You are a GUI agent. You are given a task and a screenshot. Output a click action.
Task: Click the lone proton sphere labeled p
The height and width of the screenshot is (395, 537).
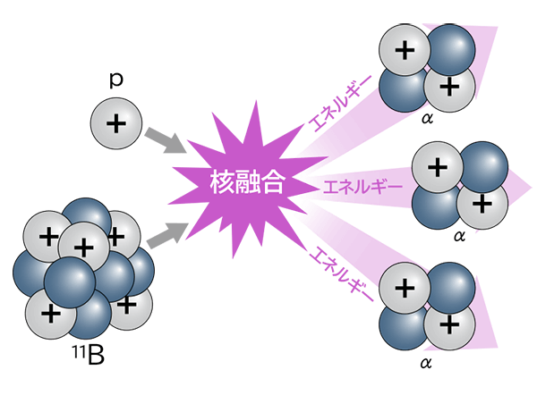pyautogui.click(x=116, y=123)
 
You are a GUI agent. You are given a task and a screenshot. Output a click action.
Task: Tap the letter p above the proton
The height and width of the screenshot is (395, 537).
pyautogui.click(x=116, y=80)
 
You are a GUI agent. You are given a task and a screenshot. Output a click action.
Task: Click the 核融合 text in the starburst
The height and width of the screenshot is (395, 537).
pyautogui.click(x=247, y=182)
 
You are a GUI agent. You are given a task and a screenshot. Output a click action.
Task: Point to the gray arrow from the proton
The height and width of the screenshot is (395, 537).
pyautogui.click(x=166, y=141)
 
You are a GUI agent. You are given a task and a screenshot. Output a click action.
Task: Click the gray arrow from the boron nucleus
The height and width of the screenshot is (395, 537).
pyautogui.click(x=167, y=235)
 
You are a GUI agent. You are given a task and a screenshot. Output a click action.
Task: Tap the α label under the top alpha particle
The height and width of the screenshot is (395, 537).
pyautogui.click(x=428, y=118)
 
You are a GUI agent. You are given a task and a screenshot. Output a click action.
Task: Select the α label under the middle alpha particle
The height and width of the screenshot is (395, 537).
pyautogui.click(x=459, y=236)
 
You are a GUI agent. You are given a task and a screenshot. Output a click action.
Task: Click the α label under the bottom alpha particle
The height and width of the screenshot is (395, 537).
pyautogui.click(x=426, y=363)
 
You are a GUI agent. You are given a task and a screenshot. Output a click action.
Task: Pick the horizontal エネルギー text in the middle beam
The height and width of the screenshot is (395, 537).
pyautogui.click(x=362, y=187)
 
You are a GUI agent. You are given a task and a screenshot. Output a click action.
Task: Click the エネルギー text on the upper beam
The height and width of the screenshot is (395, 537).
pyautogui.click(x=340, y=104)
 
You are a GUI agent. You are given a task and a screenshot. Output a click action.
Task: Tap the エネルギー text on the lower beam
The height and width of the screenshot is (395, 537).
pyautogui.click(x=341, y=274)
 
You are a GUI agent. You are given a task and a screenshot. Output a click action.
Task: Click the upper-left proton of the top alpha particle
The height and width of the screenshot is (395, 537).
pyautogui.click(x=405, y=50)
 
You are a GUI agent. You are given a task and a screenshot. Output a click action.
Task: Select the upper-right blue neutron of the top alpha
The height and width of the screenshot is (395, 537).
pyautogui.click(x=451, y=50)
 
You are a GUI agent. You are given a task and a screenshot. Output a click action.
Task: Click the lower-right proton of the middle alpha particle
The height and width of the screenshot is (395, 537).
pyautogui.click(x=482, y=204)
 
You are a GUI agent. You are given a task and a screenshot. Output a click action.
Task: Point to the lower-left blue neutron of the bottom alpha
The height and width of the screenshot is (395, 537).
pyautogui.click(x=403, y=326)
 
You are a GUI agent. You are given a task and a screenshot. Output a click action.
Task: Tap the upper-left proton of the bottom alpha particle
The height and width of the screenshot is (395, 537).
pyautogui.click(x=405, y=288)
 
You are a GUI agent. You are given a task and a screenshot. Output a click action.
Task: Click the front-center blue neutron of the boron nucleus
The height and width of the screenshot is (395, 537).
pyautogui.click(x=70, y=282)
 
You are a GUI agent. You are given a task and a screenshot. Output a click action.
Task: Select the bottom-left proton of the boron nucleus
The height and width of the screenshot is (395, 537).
pyautogui.click(x=50, y=314)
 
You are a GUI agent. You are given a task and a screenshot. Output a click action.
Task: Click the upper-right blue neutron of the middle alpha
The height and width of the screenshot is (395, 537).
pyautogui.click(x=484, y=167)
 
